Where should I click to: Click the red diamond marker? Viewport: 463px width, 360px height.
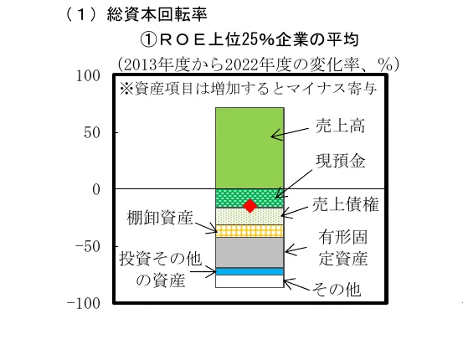[250, 206]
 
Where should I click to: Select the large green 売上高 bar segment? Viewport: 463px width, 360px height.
[250, 148]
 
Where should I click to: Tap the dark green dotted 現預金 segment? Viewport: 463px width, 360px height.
[250, 198]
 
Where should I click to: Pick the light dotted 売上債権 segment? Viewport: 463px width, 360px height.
[250, 217]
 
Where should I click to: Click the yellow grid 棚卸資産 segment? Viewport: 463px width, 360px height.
[250, 231]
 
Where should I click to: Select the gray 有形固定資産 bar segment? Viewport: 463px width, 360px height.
[250, 253]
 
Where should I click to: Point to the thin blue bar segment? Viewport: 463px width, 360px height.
[250, 271]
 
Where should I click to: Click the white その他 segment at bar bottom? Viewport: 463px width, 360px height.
[250, 281]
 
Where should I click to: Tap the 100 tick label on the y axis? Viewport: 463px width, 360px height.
[88, 76]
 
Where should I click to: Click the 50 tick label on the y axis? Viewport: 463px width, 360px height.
[92, 132]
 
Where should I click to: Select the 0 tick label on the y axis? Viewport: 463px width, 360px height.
[96, 189]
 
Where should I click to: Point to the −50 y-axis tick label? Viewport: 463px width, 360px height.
[88, 246]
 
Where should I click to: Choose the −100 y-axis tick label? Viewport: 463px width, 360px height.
[84, 303]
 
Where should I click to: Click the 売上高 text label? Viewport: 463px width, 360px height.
[340, 126]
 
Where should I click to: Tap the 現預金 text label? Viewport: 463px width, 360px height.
[340, 161]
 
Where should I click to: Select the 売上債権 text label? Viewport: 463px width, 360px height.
[345, 204]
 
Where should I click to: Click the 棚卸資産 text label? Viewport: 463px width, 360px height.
[160, 218]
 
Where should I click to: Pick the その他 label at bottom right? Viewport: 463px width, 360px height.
[337, 289]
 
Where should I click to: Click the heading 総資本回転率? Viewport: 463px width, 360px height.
[157, 14]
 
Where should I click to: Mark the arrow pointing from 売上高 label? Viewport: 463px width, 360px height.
[290, 133]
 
